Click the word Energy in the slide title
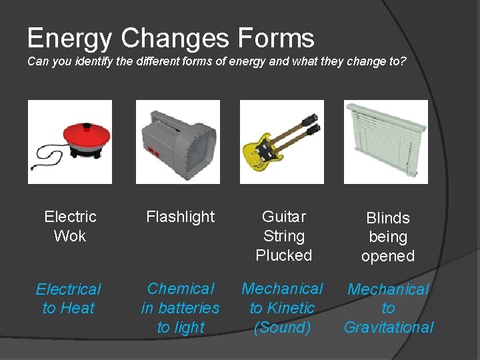pyautogui.click(x=70, y=38)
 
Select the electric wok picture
pyautogui.click(x=70, y=141)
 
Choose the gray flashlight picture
pyautogui.click(x=178, y=141)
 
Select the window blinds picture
pyautogui.click(x=386, y=141)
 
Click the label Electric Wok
pyautogui.click(x=70, y=226)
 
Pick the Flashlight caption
pyautogui.click(x=180, y=217)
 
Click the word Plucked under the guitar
pyautogui.click(x=284, y=255)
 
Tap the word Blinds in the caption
pyautogui.click(x=388, y=218)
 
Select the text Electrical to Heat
pyautogui.click(x=68, y=299)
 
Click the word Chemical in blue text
pyautogui.click(x=181, y=289)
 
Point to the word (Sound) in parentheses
pyautogui.click(x=282, y=327)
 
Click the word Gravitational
pyautogui.click(x=389, y=327)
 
